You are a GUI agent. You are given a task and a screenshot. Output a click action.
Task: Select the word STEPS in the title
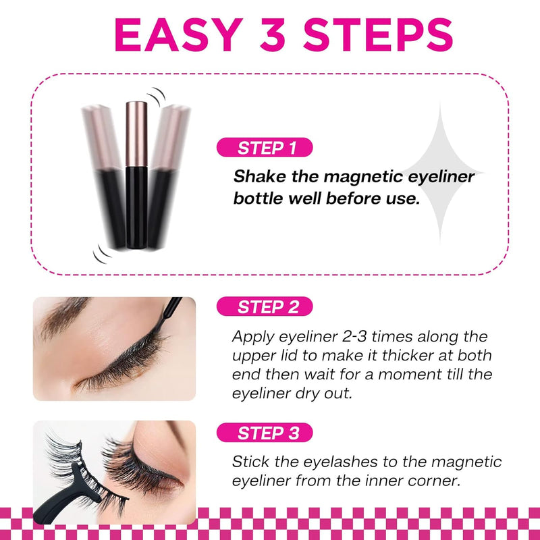[378, 34]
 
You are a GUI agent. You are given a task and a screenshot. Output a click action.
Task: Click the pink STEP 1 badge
[265, 148]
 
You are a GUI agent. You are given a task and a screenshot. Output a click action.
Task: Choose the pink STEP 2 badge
[265, 306]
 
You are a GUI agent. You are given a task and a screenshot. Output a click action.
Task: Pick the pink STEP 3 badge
[265, 433]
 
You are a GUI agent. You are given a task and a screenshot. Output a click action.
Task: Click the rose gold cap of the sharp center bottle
[136, 134]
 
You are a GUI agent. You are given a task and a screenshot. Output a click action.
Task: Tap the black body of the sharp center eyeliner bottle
[136, 207]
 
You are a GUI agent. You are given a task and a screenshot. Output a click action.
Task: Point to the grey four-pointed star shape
[440, 172]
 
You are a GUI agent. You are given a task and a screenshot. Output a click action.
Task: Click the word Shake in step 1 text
[260, 177]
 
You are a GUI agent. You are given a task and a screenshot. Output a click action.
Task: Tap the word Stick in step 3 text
[250, 462]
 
